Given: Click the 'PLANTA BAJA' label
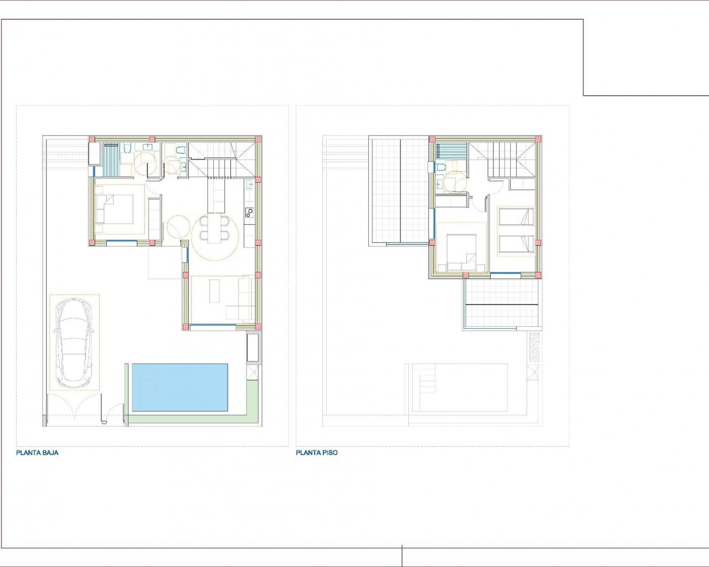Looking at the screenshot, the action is [x=37, y=453].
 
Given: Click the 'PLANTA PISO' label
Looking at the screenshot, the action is [x=317, y=453].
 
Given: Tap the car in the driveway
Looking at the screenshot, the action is [x=74, y=343].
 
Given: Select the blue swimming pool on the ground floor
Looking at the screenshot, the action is [x=180, y=388].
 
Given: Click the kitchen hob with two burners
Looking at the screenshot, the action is [x=250, y=213].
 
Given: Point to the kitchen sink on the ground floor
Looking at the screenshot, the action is [x=249, y=184].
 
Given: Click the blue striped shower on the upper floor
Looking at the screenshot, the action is [x=451, y=152].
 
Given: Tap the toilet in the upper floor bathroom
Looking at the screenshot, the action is [x=440, y=167].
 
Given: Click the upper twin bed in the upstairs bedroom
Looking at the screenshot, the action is [x=516, y=217].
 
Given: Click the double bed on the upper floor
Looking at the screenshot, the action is [x=461, y=252].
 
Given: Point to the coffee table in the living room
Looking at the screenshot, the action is [x=214, y=291].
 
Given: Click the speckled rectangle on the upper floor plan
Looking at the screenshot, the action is [x=535, y=348].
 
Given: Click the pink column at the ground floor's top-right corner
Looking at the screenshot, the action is [x=259, y=139].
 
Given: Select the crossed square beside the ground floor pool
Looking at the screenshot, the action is [x=253, y=372].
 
